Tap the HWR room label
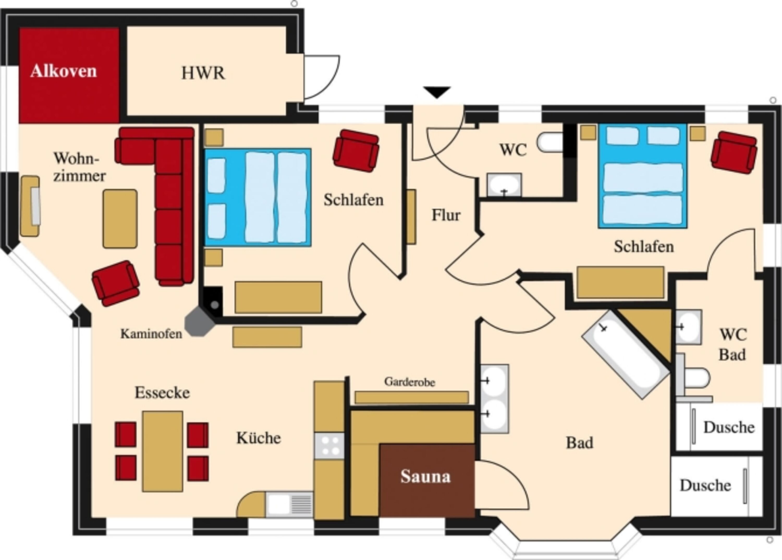click(x=203, y=73)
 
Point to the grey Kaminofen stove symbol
click(x=199, y=321)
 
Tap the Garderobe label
click(x=410, y=382)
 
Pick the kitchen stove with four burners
click(x=329, y=446)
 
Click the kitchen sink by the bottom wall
click(x=289, y=504)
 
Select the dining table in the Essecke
click(x=162, y=451)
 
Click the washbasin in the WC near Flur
click(x=504, y=185)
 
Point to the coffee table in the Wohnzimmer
click(x=120, y=218)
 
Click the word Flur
click(x=446, y=215)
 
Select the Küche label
click(x=259, y=438)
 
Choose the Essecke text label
click(x=162, y=392)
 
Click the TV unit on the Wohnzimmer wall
click(x=30, y=206)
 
